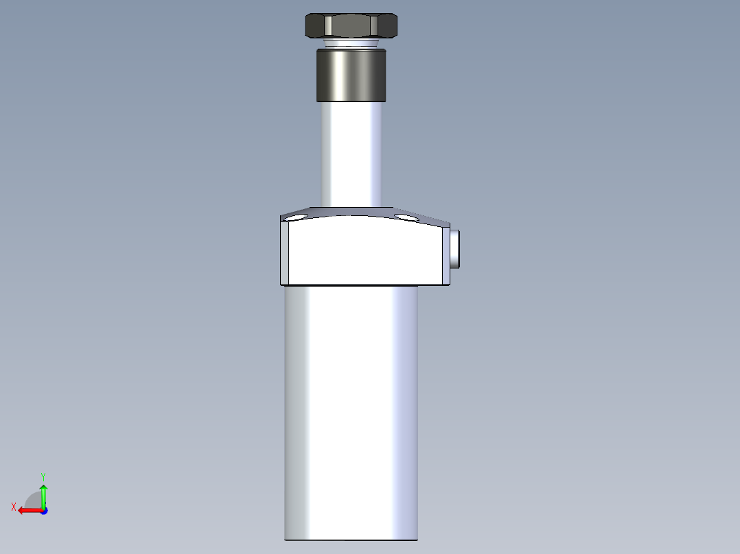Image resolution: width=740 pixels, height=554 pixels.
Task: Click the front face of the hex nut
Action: click(x=351, y=26)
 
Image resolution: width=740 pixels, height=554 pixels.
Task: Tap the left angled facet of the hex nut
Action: click(x=314, y=26)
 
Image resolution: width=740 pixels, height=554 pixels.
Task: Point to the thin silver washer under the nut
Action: click(x=351, y=45)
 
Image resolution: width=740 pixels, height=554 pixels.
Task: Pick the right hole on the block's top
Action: click(x=406, y=217)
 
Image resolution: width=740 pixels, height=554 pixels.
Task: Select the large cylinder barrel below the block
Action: click(x=351, y=411)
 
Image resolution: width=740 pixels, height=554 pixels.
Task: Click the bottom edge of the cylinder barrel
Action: click(x=351, y=540)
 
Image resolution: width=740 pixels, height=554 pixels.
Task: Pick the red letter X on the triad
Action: click(x=13, y=507)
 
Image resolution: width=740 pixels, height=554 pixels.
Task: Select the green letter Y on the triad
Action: click(x=43, y=476)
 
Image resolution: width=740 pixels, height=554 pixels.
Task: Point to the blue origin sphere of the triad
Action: click(x=43, y=510)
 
